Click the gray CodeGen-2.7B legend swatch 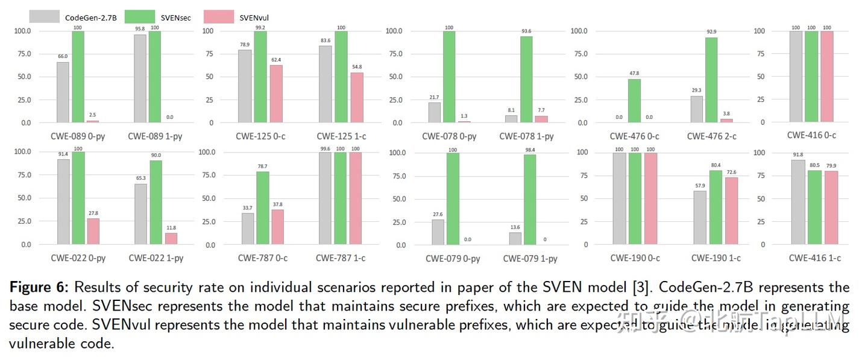coord(44,16)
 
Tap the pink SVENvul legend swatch coord(219,16)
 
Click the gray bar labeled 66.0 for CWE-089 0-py coord(63,92)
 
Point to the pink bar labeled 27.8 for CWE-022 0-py coord(93,232)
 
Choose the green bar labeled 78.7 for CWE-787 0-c coord(262,208)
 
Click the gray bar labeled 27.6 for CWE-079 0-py coord(438,232)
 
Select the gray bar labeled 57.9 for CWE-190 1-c coord(699,218)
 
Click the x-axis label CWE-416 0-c coord(811,136)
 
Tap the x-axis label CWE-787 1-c coord(341,258)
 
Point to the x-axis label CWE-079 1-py coord(530,259)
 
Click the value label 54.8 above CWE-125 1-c coord(357,67)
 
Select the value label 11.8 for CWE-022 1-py coord(171,227)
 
